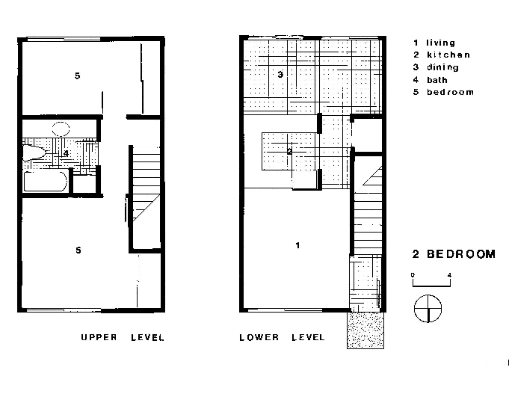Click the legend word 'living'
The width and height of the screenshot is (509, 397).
(440, 43)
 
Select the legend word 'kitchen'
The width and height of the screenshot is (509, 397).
(448, 55)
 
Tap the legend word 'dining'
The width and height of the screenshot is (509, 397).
(442, 67)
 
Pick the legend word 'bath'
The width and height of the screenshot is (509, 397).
(437, 80)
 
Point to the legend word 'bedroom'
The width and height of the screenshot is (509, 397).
(450, 92)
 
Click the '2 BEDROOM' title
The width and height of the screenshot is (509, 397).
(454, 254)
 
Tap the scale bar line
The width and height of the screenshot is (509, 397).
(431, 286)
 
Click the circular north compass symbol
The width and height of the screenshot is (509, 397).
(428, 308)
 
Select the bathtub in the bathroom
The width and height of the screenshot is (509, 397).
(46, 181)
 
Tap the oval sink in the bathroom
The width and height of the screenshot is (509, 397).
(61, 129)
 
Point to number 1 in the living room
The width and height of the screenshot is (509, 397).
(297, 245)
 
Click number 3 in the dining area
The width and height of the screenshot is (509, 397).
(280, 75)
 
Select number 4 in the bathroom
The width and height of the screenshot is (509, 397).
(67, 153)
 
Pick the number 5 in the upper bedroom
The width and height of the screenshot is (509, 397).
(77, 76)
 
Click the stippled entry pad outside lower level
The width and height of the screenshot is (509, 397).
(365, 330)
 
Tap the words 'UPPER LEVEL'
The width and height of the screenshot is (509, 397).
(123, 338)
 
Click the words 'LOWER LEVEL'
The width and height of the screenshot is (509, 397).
(282, 338)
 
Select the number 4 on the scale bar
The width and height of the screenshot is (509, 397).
(449, 275)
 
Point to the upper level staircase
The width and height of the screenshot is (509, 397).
(146, 198)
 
